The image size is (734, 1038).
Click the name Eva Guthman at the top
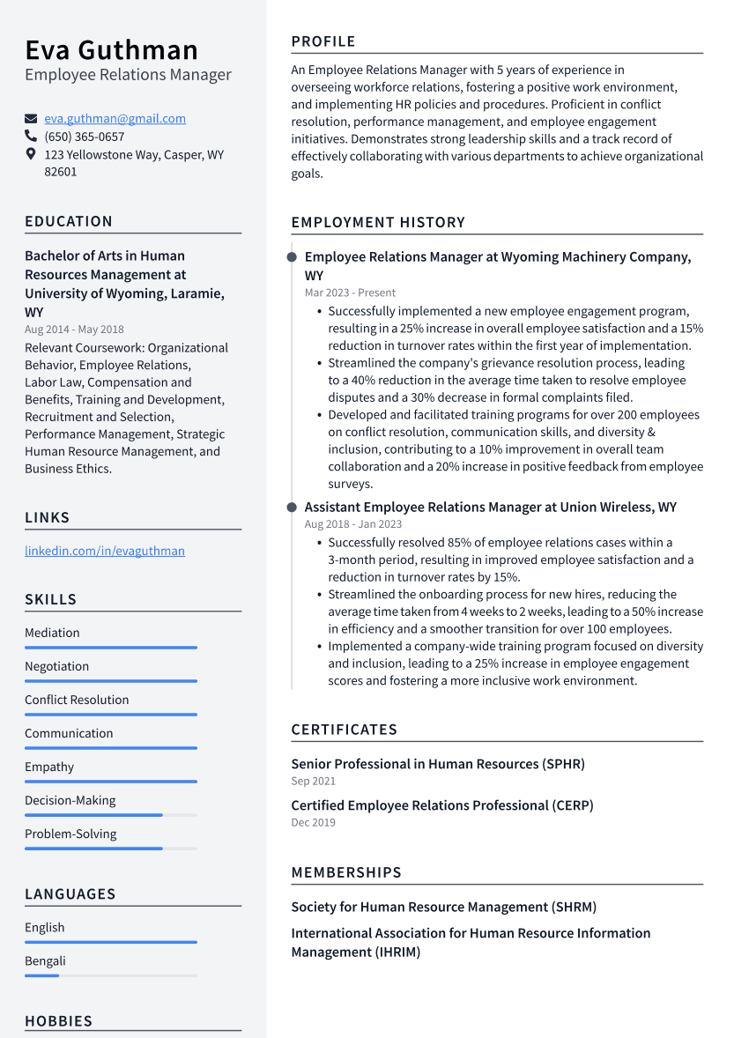click(x=111, y=49)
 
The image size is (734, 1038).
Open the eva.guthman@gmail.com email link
click(x=115, y=118)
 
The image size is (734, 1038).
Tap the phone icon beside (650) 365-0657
click(x=31, y=137)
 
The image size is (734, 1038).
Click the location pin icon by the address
click(x=31, y=154)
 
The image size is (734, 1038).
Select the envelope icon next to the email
click(x=31, y=119)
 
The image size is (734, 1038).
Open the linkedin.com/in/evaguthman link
click(x=105, y=551)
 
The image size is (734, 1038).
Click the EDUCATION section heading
click(x=69, y=221)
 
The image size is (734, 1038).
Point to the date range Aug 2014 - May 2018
click(x=74, y=330)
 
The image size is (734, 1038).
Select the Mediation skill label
click(x=52, y=633)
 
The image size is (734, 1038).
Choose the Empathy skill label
click(x=49, y=767)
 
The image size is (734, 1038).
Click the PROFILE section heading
click(x=323, y=41)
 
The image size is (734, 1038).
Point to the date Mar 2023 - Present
click(x=350, y=293)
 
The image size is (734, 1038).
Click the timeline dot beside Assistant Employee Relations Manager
click(x=292, y=508)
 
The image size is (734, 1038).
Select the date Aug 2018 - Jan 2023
click(x=352, y=524)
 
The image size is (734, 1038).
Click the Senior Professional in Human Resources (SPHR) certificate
click(x=438, y=764)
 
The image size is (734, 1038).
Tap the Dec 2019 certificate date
click(x=313, y=822)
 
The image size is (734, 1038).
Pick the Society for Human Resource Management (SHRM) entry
click(x=443, y=907)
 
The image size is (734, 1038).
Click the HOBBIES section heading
click(x=58, y=1021)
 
